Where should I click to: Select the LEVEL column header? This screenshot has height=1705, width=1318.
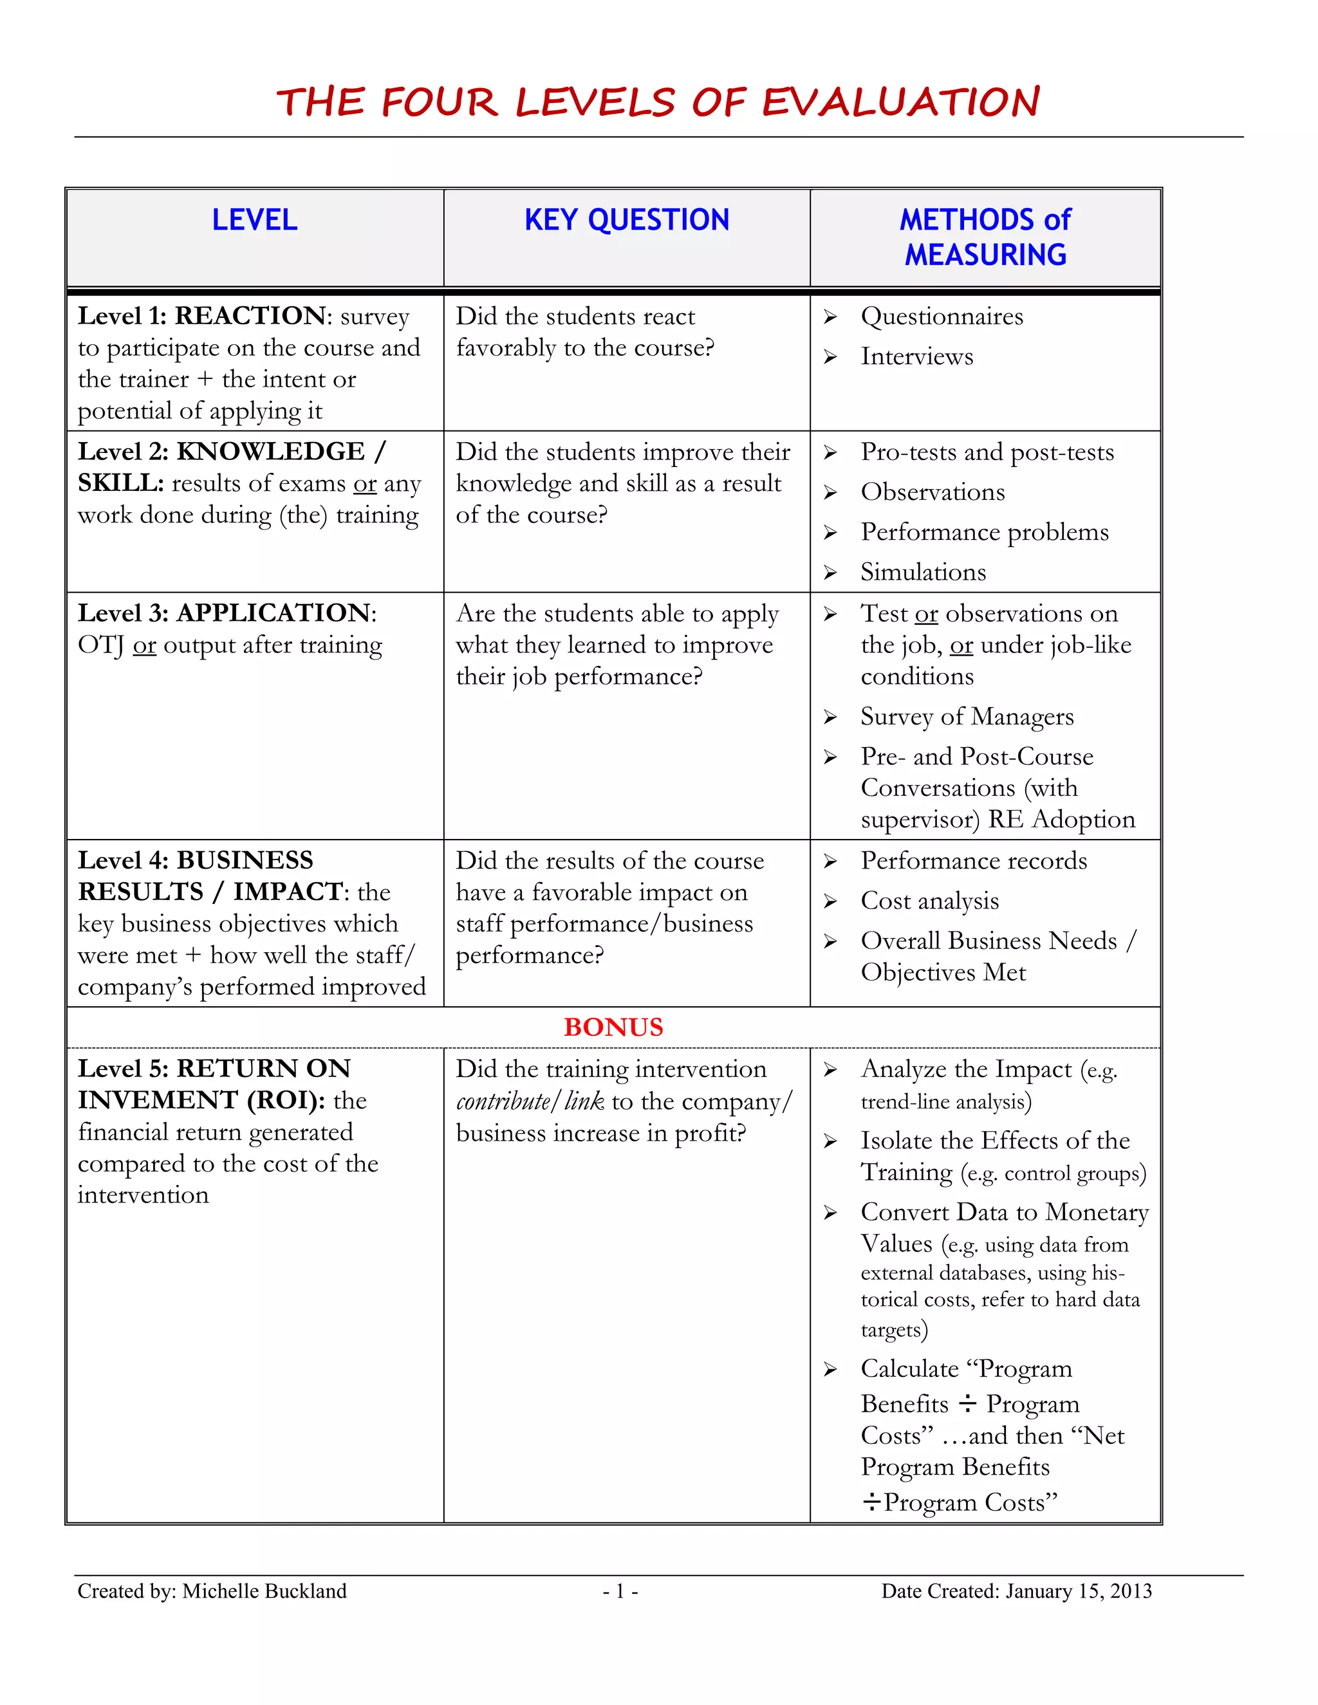pos(255,220)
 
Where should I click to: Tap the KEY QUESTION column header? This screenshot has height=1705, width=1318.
pos(626,220)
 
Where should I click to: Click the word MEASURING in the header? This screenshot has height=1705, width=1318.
pos(985,255)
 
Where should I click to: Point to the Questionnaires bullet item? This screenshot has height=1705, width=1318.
pos(942,316)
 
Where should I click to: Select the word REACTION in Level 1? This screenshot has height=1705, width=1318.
pos(250,315)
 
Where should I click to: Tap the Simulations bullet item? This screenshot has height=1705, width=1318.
pos(923,572)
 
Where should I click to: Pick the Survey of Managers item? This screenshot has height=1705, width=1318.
pos(967,717)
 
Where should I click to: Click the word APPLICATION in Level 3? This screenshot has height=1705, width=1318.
pos(274,613)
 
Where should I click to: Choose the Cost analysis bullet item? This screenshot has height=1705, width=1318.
pos(929,901)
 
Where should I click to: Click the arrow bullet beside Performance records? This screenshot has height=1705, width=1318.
pos(830,861)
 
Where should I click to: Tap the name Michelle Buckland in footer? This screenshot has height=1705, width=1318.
pos(264,1591)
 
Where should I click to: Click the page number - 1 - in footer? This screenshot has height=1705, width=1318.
pos(620,1591)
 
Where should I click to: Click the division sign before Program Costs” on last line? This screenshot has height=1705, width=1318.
pos(871,1501)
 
